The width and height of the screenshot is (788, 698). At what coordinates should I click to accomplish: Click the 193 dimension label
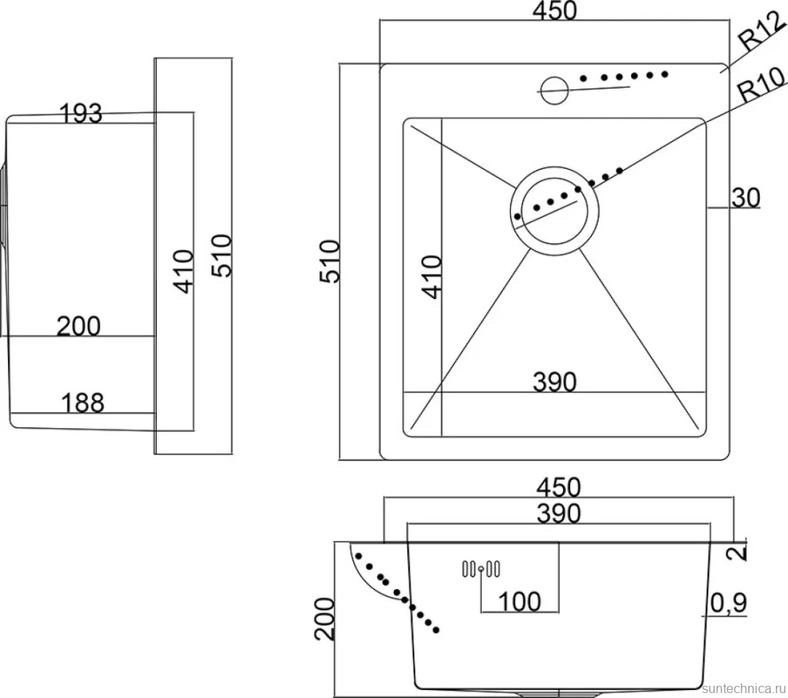(81, 113)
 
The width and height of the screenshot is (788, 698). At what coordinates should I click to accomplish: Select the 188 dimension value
(82, 402)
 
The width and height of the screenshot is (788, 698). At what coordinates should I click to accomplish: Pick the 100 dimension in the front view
(519, 601)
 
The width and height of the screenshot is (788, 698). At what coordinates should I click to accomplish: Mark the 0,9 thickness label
(729, 602)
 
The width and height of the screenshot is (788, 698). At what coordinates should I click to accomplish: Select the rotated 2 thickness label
(737, 553)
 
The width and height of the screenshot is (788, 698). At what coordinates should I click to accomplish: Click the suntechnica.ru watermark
(744, 688)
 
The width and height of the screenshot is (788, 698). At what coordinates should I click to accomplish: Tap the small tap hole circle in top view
(554, 90)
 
